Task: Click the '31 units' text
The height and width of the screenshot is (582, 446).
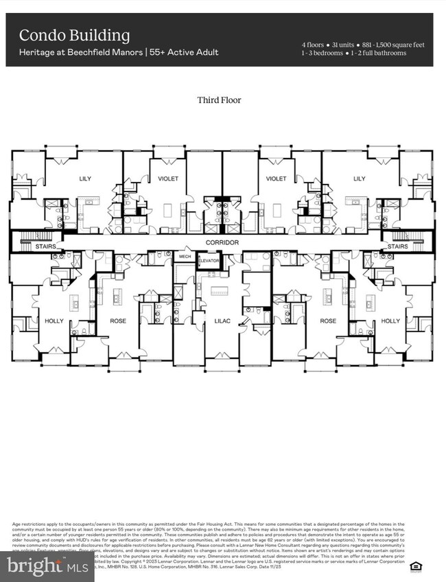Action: (343, 45)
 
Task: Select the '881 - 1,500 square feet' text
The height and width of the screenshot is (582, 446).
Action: (395, 45)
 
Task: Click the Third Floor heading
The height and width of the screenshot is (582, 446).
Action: (219, 100)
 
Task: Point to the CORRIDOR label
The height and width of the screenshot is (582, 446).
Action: (222, 243)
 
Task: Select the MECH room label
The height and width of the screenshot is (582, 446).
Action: (185, 256)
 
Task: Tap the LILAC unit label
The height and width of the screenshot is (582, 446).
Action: (222, 321)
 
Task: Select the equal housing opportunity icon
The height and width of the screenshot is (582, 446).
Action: (414, 565)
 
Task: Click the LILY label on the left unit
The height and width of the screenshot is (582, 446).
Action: (84, 178)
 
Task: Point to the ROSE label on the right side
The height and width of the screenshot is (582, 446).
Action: (327, 321)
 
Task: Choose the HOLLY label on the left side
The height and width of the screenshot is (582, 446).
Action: (54, 321)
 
